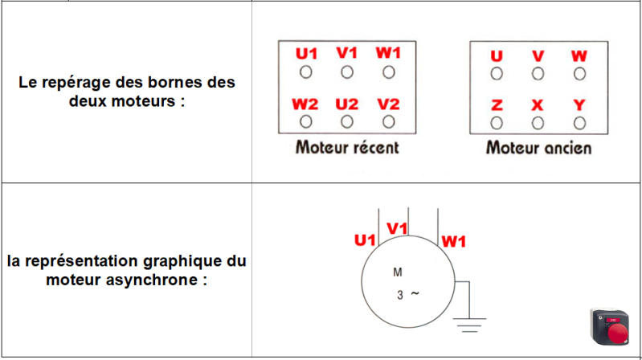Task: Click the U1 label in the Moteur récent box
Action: click(306, 54)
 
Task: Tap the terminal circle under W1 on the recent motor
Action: click(389, 73)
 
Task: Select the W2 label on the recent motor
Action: click(305, 104)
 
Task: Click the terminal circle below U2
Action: click(347, 122)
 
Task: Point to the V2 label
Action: click(389, 104)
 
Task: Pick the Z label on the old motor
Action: click(497, 105)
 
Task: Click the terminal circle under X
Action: click(538, 123)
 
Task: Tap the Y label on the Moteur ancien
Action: click(579, 105)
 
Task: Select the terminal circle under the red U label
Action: click(497, 74)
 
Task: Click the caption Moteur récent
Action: click(347, 148)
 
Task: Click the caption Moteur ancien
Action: click(538, 148)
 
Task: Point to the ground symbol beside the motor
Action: click(469, 325)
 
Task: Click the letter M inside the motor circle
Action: click(397, 272)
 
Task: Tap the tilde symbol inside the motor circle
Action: click(415, 293)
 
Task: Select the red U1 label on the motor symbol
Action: click(366, 240)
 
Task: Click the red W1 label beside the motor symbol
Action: click(455, 240)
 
